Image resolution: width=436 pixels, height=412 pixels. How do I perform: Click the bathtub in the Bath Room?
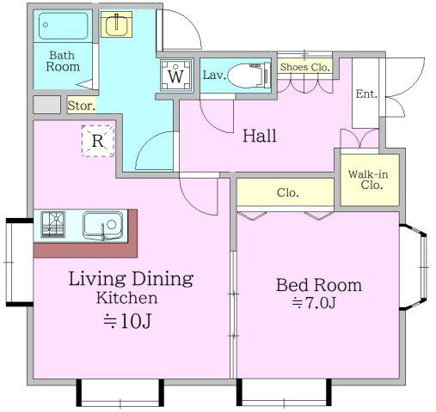pos(63,26)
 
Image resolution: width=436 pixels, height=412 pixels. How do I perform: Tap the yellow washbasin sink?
pos(116,24)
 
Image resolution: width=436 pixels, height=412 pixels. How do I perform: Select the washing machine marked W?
pos(176,76)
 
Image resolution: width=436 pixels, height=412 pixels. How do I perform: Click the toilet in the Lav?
pos(249,76)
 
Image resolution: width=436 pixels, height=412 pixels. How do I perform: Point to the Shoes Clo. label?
pos(304,67)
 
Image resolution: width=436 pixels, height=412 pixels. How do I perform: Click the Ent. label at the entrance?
pos(366,94)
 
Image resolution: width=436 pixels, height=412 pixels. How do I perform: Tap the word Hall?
pos(260,136)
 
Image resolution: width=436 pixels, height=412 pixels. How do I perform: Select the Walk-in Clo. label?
pos(369,179)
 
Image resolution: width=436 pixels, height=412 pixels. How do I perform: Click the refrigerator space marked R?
pos(98,141)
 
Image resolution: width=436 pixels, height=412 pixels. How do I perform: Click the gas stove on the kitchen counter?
pos(53,225)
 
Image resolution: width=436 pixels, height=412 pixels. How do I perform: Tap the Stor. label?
pos(82,106)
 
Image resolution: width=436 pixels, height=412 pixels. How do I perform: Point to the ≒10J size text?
pos(127,322)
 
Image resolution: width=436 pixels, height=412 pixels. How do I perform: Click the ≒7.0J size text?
pos(314,303)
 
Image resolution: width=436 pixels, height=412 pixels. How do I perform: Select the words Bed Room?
pos(319,285)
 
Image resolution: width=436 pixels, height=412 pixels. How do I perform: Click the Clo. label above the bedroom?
pos(288,192)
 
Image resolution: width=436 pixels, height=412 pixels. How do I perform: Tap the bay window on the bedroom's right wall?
pos(415,267)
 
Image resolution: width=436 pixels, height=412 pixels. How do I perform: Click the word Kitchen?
pos(127,298)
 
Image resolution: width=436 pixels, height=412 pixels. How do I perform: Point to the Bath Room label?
pos(63,61)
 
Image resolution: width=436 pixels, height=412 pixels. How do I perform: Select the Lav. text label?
pos(214,76)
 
